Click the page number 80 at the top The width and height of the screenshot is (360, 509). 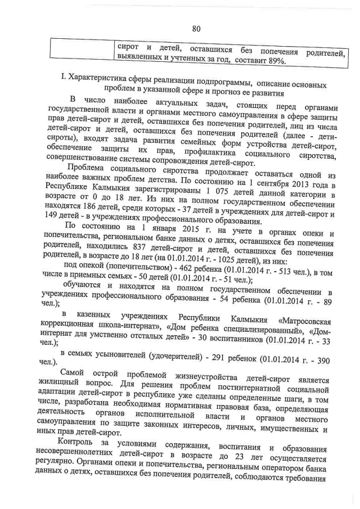tap(196, 29)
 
